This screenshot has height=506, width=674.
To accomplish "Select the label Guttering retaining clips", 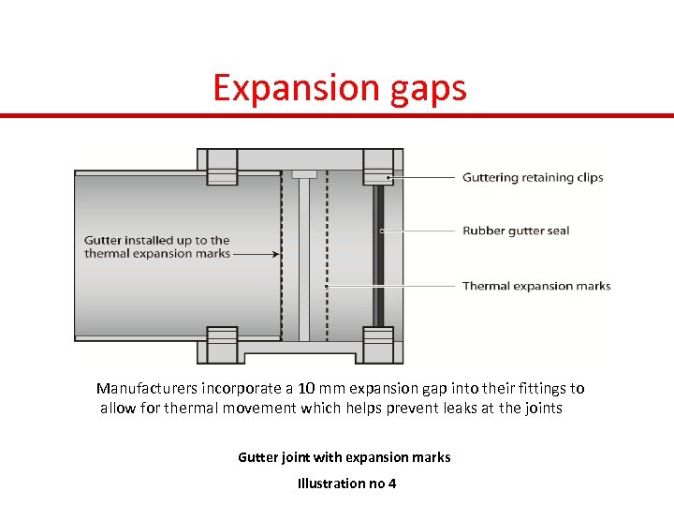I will tap(533, 178).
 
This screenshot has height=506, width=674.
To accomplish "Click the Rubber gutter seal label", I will tap(516, 231).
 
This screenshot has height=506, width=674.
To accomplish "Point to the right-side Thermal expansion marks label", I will tap(536, 286).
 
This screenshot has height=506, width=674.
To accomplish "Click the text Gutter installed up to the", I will tap(156, 241).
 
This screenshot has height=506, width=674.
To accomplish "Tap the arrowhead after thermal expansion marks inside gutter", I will tap(276, 254).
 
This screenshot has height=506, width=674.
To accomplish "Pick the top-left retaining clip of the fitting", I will tap(222, 170).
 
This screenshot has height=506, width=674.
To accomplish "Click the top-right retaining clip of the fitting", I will tap(378, 170).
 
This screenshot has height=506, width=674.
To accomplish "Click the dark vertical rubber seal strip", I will tap(378, 254).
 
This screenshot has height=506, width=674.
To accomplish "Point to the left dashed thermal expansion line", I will tap(282, 254).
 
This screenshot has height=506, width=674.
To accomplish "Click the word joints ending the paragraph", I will tap(542, 409).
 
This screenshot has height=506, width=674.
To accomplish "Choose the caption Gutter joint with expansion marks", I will tap(344, 457).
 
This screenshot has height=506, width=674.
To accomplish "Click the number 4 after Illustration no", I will tap(392, 484).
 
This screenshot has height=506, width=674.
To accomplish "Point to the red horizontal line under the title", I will tap(337, 115).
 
